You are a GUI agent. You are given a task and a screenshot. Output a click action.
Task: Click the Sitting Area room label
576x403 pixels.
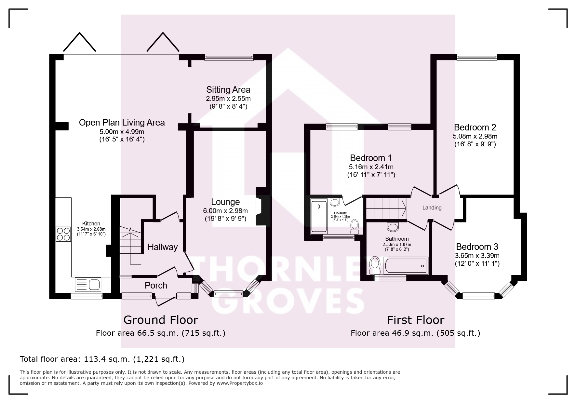coord(228,89)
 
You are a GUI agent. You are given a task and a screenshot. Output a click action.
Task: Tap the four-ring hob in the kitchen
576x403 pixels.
coord(63,234)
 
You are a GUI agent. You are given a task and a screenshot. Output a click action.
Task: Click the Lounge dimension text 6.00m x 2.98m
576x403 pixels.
coord(225,211)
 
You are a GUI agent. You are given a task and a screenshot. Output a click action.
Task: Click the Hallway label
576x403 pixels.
coord(163,247)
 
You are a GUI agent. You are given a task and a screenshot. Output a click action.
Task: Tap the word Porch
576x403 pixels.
coord(156,285)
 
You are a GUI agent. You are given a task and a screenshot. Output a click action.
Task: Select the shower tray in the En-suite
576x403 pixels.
coord(319,216)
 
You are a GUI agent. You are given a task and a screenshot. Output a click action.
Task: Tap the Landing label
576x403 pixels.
coord(432,208)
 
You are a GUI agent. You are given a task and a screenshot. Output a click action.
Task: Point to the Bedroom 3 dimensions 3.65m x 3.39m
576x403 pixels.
coord(477,256)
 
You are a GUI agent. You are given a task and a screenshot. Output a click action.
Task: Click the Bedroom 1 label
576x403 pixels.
coord(371,158)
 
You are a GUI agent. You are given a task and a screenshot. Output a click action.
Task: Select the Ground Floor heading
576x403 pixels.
coord(161,320)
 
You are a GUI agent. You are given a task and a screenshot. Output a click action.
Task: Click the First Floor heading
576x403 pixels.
coord(416,320)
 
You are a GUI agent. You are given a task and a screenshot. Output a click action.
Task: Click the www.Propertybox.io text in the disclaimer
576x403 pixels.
coord(239,383)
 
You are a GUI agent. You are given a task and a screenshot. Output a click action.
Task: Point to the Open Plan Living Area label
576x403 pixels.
coord(122,123)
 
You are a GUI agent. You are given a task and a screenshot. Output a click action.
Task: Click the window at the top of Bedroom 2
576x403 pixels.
coord(477,57)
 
